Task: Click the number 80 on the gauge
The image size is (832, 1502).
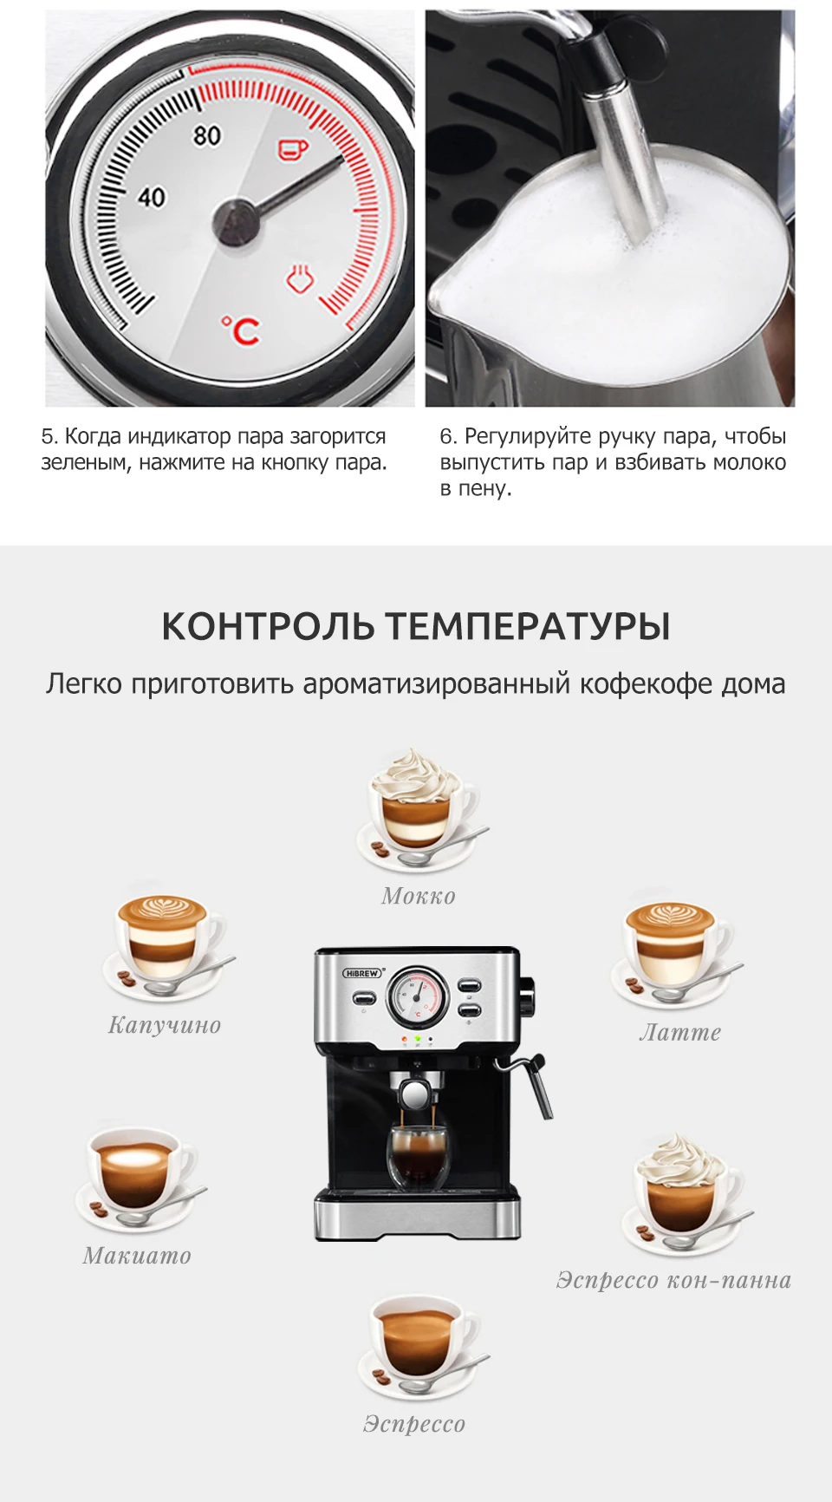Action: click(207, 136)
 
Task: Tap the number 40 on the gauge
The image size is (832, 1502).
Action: click(152, 198)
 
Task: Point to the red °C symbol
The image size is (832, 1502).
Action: click(241, 330)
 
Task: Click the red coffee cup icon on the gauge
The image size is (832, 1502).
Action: click(292, 149)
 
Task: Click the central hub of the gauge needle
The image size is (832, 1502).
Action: click(236, 222)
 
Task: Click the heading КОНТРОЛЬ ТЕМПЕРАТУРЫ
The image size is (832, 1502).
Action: click(416, 626)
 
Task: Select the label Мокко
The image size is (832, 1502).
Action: click(419, 896)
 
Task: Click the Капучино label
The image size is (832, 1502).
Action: click(165, 1025)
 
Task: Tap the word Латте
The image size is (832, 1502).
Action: click(680, 1032)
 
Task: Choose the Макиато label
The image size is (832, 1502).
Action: click(137, 1255)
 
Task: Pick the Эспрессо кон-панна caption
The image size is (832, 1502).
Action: click(673, 1280)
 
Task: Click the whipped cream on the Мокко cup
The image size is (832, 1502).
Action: click(415, 775)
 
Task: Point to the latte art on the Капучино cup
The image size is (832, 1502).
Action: click(162, 910)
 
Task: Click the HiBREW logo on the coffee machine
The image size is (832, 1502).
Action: click(363, 973)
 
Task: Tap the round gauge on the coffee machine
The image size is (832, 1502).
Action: click(418, 996)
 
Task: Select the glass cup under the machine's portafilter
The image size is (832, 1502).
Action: click(418, 1156)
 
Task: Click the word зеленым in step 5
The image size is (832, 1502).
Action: click(87, 463)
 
